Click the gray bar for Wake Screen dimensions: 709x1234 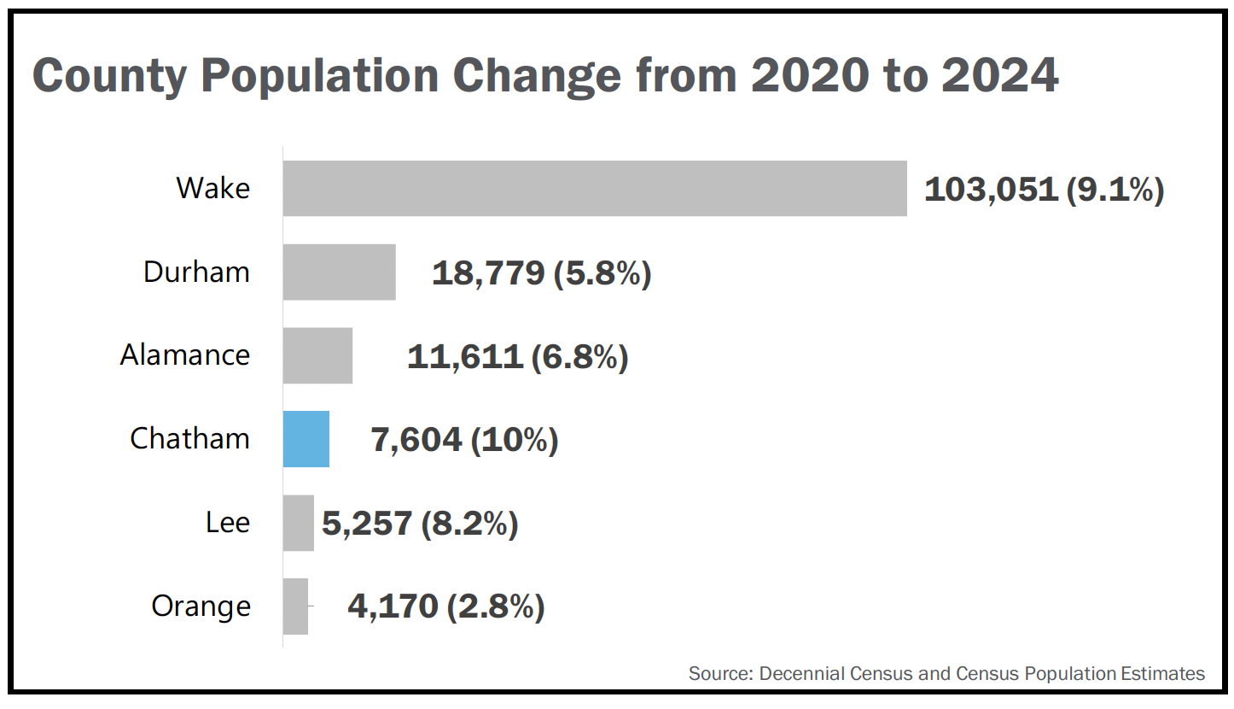(595, 188)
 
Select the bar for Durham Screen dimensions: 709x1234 (340, 272)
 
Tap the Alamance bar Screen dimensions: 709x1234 (317, 355)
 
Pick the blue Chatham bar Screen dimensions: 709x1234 (306, 439)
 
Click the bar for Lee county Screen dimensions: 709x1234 (299, 523)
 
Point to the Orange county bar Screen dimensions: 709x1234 (295, 606)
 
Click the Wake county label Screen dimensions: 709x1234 (213, 188)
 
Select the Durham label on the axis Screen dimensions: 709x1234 (196, 272)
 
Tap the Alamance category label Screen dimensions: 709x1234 (185, 355)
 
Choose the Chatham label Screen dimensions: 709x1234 (189, 439)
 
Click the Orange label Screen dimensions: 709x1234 (201, 606)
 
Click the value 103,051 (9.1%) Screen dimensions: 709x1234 (1044, 189)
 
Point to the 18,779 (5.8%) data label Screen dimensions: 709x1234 (542, 272)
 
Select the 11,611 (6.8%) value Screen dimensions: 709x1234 (518, 356)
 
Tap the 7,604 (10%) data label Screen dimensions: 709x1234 (465, 440)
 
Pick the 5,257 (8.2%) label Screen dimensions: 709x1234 (420, 524)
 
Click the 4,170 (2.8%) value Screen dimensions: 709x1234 (446, 607)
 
